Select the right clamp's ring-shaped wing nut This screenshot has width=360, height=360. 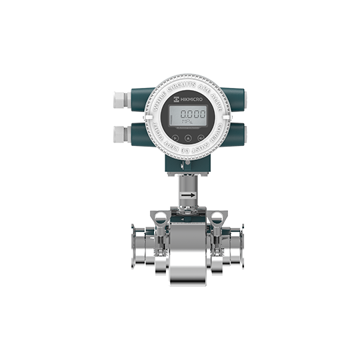pyautogui.click(x=217, y=217)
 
